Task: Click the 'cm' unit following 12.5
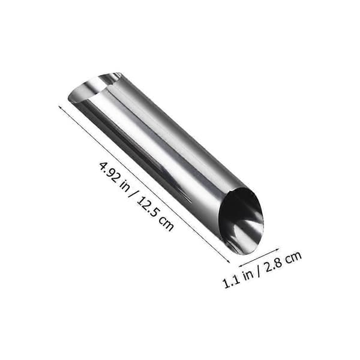point(166,224)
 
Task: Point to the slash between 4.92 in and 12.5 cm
point(134,196)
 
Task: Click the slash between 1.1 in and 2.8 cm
point(259,271)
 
